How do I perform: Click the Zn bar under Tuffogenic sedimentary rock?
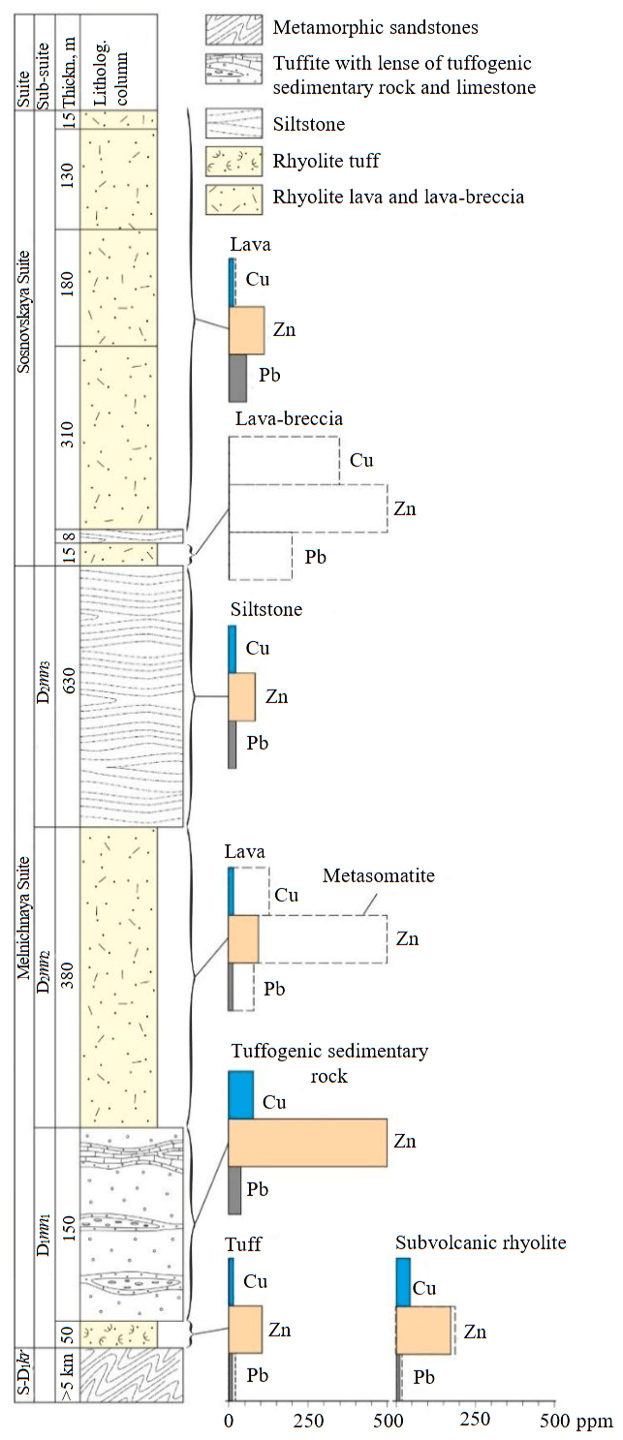pos(307,1143)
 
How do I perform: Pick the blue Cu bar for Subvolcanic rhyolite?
pos(403,1282)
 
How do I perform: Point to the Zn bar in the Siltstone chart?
pos(241,696)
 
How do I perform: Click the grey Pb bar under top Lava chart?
pos(237,378)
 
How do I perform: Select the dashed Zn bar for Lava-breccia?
pos(307,508)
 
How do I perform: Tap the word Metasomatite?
pos(379,875)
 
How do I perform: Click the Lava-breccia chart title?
pos(290,419)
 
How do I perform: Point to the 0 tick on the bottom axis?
pos(229,1422)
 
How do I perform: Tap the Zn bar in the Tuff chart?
pos(245,1329)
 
